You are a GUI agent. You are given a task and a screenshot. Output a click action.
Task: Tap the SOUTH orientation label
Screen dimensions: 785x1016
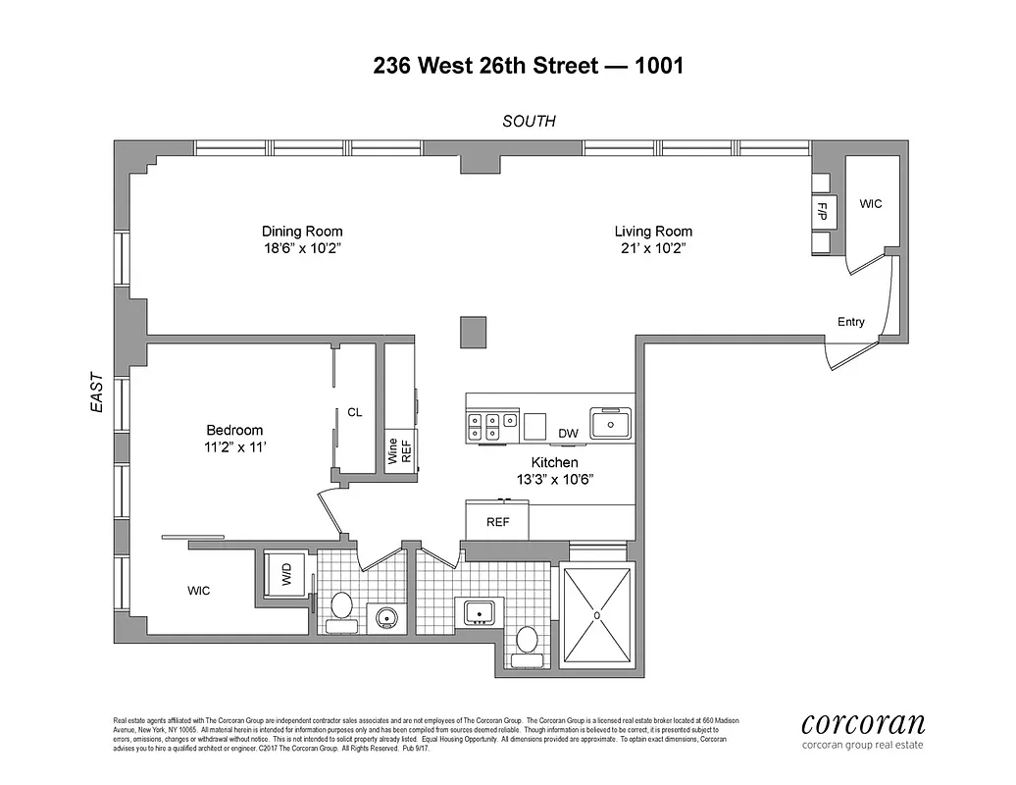click(x=529, y=122)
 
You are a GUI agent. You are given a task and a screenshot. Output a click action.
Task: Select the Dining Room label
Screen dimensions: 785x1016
click(x=302, y=232)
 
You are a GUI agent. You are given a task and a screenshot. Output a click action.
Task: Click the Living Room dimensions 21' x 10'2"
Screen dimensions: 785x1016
click(x=653, y=248)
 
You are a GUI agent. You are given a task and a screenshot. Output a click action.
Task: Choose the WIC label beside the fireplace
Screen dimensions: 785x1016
click(x=870, y=204)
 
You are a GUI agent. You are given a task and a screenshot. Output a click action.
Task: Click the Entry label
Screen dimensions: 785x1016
click(x=850, y=322)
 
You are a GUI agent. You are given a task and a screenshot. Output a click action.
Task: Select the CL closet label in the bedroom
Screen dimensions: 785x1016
click(x=355, y=413)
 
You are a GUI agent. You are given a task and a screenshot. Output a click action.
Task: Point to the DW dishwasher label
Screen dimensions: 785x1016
click(x=568, y=433)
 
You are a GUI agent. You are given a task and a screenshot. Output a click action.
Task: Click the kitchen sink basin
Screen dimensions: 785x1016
click(x=611, y=424)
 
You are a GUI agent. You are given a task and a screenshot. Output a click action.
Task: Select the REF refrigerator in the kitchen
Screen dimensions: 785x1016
click(x=497, y=521)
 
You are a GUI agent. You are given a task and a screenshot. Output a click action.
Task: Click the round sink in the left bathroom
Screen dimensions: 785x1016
click(x=384, y=617)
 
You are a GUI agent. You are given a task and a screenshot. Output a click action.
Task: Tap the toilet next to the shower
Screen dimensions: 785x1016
click(x=528, y=640)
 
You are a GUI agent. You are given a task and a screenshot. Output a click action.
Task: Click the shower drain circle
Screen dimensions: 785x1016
click(x=595, y=616)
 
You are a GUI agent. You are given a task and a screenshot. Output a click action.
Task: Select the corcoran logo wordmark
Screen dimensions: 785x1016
click(x=863, y=725)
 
